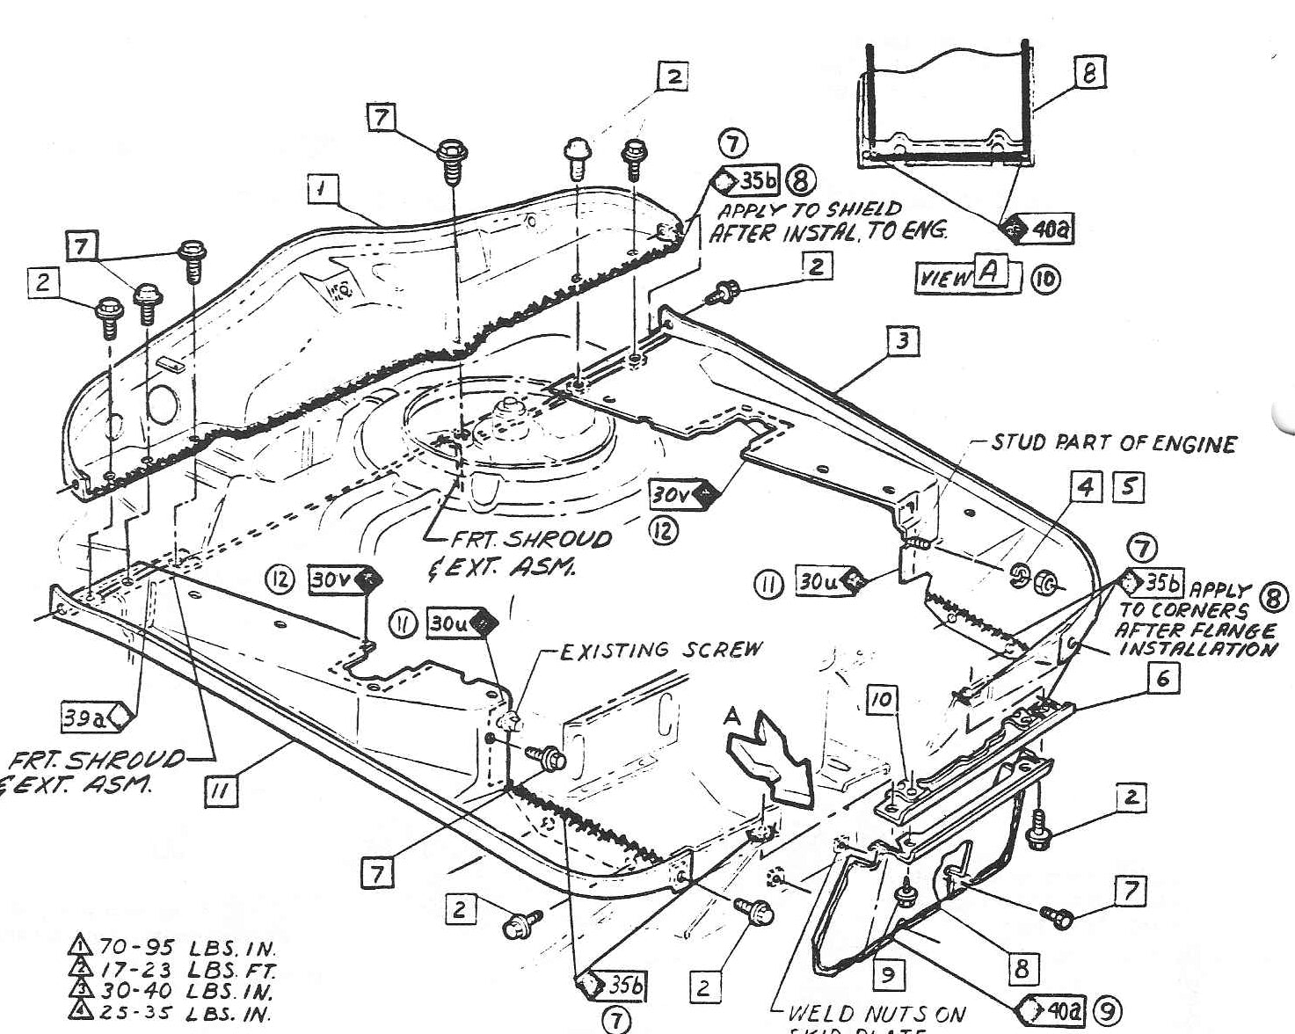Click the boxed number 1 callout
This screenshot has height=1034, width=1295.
coord(324,188)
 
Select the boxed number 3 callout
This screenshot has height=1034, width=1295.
coord(903,340)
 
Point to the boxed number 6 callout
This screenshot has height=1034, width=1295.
coord(1163,678)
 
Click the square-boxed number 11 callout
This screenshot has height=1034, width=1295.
coord(220,791)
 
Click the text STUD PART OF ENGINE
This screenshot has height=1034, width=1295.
coord(1114,443)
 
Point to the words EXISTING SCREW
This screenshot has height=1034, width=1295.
coord(661,651)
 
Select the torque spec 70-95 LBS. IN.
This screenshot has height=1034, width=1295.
coord(172,949)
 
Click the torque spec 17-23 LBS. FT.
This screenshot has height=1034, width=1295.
coord(172,971)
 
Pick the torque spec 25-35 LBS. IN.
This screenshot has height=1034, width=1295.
coord(172,1013)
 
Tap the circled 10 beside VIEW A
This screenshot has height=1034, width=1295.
coord(1045,280)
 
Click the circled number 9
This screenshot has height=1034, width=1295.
coord(1105,1010)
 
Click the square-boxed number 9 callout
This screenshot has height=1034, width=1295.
coord(888,973)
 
